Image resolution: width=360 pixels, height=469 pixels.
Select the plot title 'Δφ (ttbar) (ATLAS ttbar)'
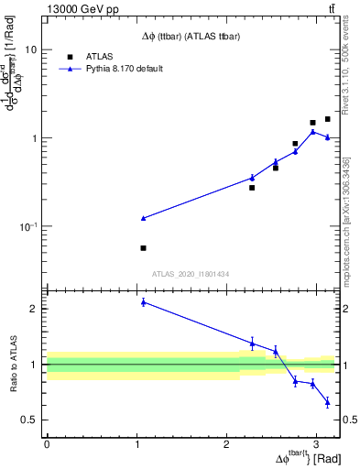coord(191,36)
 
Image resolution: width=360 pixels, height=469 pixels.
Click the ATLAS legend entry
coord(100,57)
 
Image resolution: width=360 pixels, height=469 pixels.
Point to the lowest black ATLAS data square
coord(144,248)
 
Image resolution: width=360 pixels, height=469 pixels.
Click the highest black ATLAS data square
coord(327,119)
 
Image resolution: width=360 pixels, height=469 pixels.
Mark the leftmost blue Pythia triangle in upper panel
coord(144,218)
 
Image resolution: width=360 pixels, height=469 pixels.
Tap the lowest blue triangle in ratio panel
coord(327,402)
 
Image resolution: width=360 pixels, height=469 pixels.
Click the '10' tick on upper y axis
coord(30,49)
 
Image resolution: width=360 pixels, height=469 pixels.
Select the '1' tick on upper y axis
coord(34,138)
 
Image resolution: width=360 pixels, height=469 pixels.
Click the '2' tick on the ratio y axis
coord(34,309)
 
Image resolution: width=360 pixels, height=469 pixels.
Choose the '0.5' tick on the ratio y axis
coord(28,420)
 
